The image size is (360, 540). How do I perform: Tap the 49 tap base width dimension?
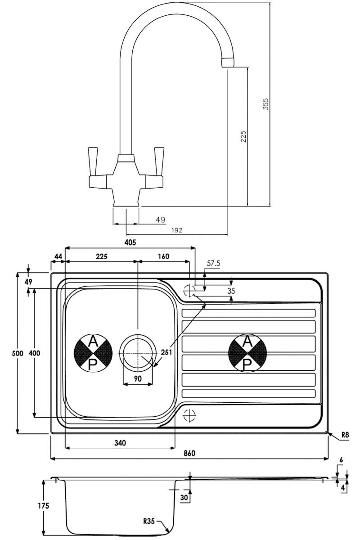coord(160,220)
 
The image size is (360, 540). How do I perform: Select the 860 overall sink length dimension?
coord(189,453)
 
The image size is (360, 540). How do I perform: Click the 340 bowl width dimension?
coord(119,443)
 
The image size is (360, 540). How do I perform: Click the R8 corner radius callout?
coord(345,435)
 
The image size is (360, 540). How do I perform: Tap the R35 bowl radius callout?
coord(149,522)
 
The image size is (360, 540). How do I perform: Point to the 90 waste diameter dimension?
coord(138,378)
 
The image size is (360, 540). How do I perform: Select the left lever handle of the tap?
coord(94,161)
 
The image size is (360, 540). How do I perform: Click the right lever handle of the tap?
coord(158,161)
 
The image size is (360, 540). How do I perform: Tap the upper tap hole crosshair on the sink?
coord(189,289)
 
